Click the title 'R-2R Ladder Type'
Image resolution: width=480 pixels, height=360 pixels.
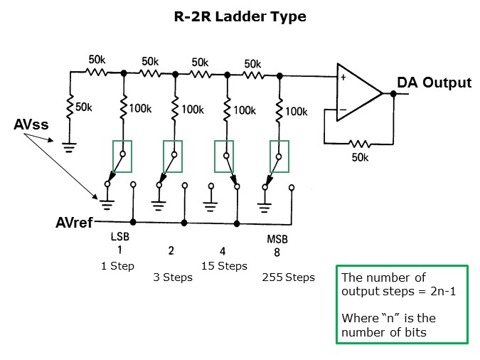(240, 16)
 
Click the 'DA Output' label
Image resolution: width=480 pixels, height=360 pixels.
(434, 83)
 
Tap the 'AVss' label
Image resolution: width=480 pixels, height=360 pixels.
(31, 125)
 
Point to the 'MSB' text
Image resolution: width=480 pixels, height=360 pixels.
(277, 239)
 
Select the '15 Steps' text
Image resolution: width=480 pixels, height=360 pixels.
(225, 266)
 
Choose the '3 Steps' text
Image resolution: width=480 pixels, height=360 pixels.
(173, 277)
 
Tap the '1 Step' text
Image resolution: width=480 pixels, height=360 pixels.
(117, 266)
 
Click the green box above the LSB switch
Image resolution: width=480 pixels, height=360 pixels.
(122, 156)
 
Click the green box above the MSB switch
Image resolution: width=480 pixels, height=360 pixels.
(279, 156)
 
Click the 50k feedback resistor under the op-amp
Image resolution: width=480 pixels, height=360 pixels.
(359, 142)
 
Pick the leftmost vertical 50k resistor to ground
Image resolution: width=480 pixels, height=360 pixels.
(70, 107)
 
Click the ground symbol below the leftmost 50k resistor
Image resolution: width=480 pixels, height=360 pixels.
(70, 148)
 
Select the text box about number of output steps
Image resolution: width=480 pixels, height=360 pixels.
(402, 305)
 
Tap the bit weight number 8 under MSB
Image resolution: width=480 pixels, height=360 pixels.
(277, 252)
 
